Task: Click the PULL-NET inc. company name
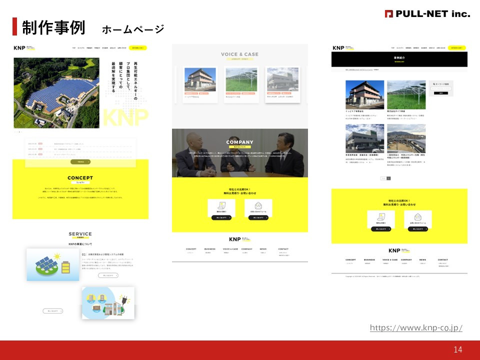(x=432, y=13)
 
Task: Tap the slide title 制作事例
(x=53, y=27)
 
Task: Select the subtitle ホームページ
(x=132, y=29)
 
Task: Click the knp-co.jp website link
(x=416, y=328)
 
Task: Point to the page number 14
(x=458, y=349)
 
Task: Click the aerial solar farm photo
(x=56, y=92)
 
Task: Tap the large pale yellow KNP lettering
(x=125, y=117)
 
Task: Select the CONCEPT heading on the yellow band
(x=80, y=177)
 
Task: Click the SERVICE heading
(x=80, y=233)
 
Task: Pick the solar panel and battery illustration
(x=52, y=264)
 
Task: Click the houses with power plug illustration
(x=108, y=303)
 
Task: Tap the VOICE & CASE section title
(x=239, y=54)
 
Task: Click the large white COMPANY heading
(x=239, y=142)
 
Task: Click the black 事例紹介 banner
(x=399, y=59)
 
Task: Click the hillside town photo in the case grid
(x=406, y=137)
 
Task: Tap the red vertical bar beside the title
(x=14, y=27)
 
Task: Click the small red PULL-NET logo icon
(x=388, y=14)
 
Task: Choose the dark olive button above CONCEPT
(x=80, y=161)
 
